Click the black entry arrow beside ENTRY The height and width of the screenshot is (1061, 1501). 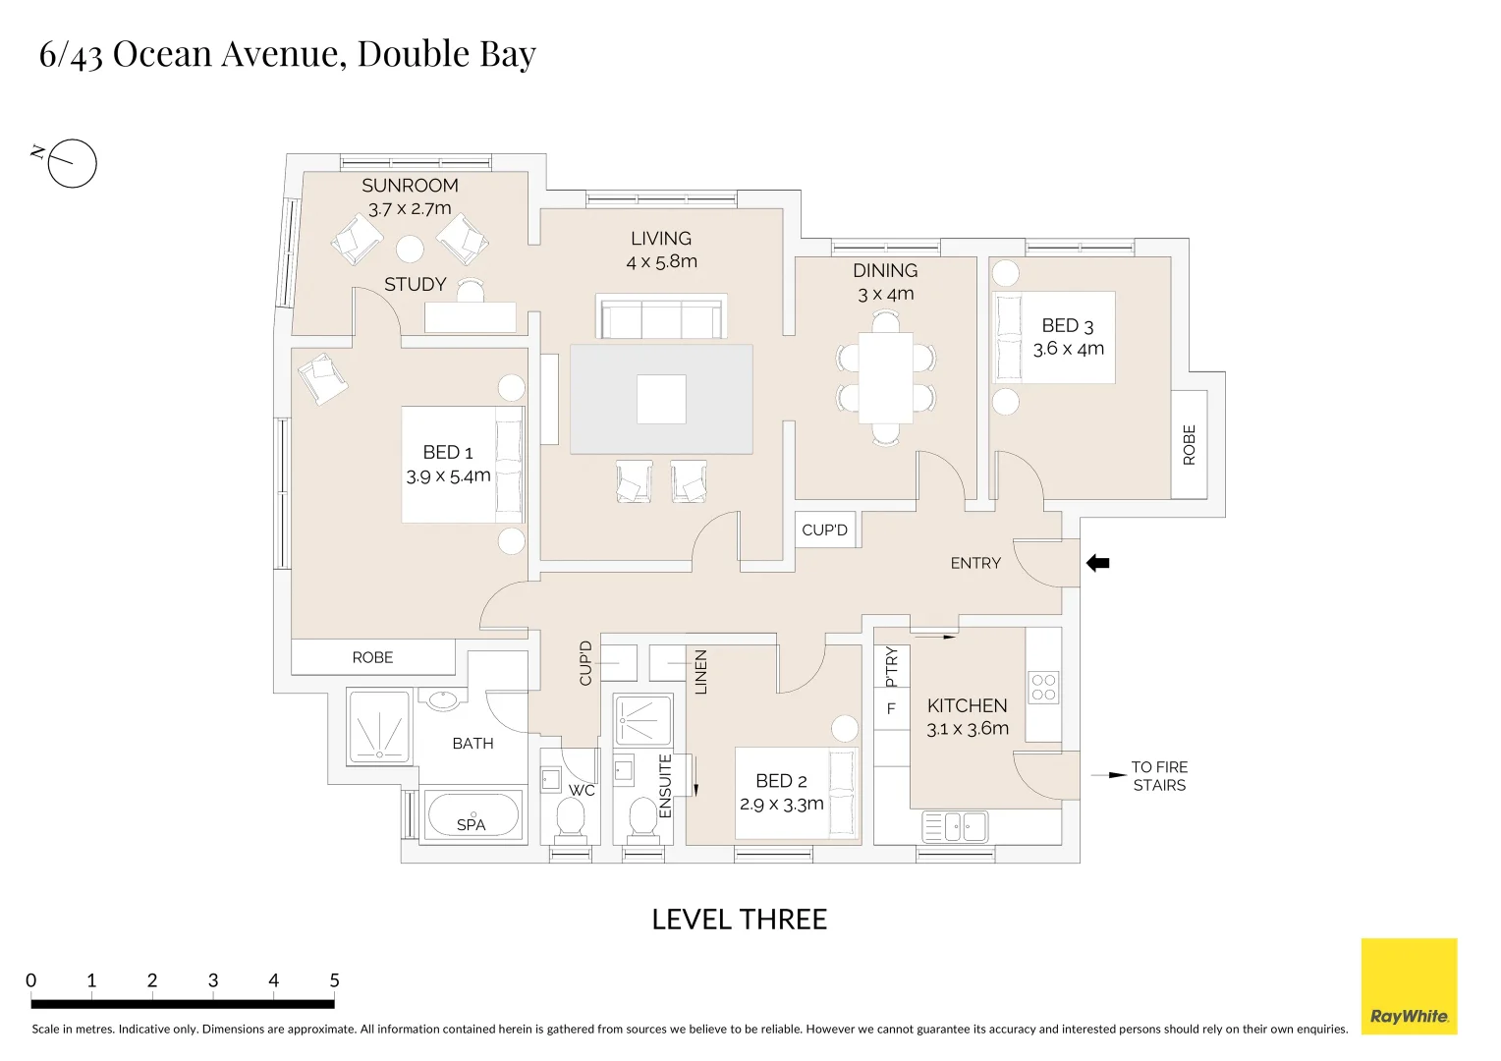1097,563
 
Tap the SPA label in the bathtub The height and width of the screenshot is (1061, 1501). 471,825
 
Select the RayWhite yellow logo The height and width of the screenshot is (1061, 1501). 1409,985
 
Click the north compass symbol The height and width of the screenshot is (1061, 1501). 72,163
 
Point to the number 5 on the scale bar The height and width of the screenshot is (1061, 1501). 334,980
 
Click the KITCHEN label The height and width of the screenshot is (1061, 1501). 967,705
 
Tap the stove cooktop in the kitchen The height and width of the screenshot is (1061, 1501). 1043,688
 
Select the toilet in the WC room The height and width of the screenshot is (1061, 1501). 571,818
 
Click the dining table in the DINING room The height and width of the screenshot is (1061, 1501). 886,377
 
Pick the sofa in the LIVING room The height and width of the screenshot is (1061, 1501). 661,317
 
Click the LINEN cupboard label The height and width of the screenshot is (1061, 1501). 700,672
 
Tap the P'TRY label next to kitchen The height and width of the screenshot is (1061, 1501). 891,666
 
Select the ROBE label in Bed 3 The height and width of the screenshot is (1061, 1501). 1189,445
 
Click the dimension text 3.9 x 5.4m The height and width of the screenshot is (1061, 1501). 448,476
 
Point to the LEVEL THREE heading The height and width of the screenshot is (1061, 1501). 739,920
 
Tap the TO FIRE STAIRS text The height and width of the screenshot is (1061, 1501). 1158,775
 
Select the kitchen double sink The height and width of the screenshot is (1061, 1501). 955,826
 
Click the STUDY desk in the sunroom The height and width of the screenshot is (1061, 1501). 471,316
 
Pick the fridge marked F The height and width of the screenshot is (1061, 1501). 891,708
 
